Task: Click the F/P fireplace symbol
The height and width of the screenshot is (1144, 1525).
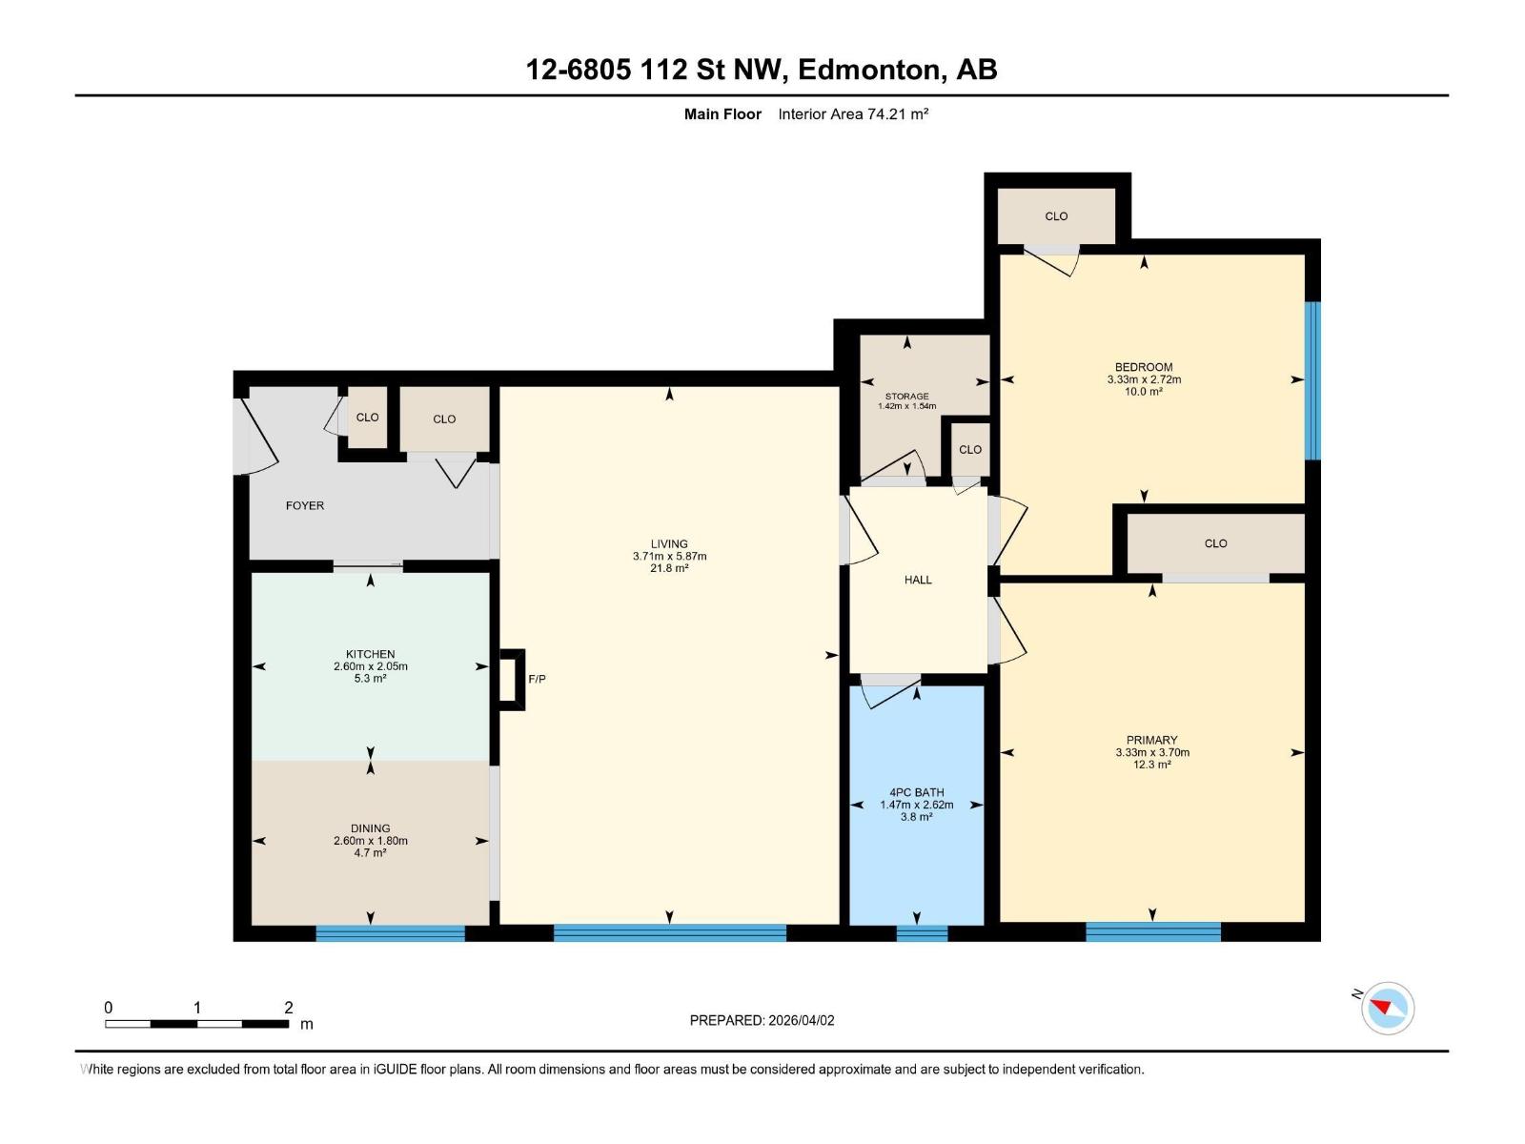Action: coord(513,679)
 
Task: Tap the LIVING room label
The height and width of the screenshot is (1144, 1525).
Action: coord(669,544)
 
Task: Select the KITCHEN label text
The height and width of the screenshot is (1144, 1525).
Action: coord(370,654)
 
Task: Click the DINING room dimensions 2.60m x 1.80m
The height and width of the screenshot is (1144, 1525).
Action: coord(370,841)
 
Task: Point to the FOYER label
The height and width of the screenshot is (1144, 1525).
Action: coord(305,505)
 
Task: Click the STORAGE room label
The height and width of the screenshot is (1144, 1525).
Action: coord(906,396)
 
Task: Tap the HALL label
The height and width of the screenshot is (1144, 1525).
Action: coord(918,580)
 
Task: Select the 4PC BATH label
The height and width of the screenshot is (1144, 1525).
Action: coord(916,792)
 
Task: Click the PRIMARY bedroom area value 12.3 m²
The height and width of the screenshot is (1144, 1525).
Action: coord(1152,765)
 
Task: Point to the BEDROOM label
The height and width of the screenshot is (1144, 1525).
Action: coord(1144,367)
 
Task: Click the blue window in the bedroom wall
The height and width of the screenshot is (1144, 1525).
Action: coord(1312,379)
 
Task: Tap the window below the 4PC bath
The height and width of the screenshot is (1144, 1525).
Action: coord(922,933)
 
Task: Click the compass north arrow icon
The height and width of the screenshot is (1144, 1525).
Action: coord(1387,1008)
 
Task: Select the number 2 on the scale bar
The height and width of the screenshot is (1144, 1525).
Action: coord(288,1007)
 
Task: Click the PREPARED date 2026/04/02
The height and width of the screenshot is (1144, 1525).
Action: coord(801,1020)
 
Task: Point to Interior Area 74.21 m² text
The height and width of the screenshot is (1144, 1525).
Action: coord(853,114)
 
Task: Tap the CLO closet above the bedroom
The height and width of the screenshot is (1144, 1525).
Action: coord(1056,216)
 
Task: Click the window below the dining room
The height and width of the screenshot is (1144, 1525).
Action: coord(390,933)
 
